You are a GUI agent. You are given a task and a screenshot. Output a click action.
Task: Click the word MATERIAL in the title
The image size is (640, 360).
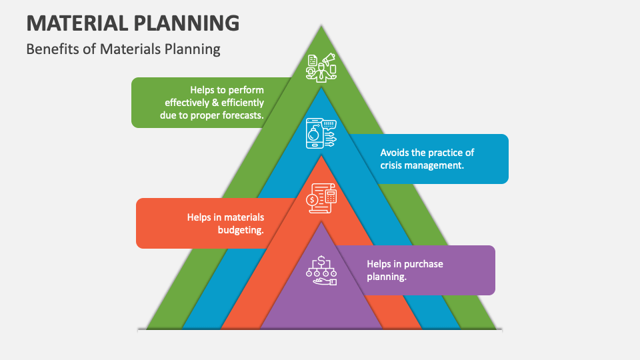77,23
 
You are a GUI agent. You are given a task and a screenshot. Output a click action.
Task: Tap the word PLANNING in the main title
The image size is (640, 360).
187,23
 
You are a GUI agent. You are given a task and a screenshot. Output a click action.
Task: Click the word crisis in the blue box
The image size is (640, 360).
393,165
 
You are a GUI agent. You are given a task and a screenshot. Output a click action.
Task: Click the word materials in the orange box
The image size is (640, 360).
243,217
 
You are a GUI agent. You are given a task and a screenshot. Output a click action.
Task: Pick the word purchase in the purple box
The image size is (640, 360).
423,264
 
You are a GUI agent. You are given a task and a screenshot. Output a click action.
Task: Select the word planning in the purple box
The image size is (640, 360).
386,277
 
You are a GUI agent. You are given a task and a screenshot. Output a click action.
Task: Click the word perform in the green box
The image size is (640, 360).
247,90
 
